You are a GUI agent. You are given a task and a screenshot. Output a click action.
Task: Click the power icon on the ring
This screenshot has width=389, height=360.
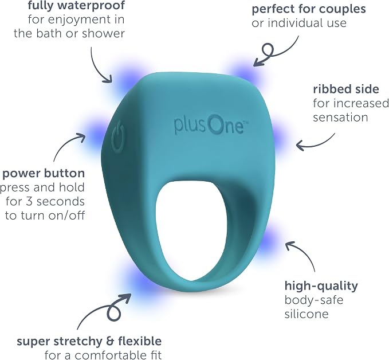[118, 136]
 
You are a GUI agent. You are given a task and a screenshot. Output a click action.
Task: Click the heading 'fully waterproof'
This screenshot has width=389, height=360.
[76, 6]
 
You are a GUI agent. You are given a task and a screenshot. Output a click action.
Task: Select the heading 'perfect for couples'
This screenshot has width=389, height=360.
[309, 9]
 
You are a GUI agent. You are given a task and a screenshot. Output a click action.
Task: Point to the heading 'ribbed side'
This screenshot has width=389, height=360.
[346, 89]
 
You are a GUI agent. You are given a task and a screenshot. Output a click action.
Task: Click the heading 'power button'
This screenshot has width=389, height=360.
[44, 173]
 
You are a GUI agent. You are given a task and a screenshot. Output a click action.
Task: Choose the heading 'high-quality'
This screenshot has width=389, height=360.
[321, 286]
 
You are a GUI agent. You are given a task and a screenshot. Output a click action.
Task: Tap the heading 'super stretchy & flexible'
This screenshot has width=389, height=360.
[89, 342]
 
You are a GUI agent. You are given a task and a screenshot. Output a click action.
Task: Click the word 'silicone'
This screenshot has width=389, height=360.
[307, 314]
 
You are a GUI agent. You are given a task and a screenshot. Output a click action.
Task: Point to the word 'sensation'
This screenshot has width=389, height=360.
[340, 118]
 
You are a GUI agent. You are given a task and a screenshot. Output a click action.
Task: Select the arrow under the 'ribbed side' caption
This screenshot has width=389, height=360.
[315, 144]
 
